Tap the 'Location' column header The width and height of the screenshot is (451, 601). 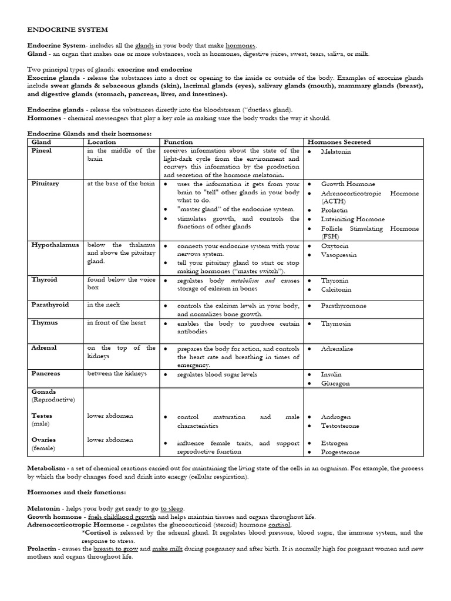click(102, 142)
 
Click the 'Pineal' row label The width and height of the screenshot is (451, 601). click(41, 151)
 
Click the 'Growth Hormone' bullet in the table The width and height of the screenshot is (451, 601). click(349, 184)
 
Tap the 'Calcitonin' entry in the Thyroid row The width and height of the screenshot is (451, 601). click(336, 289)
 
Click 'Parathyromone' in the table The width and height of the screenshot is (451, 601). click(344, 306)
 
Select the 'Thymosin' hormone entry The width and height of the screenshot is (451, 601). click(336, 324)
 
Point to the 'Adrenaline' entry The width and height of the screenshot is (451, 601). click(337, 349)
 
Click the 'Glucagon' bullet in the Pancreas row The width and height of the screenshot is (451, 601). click(335, 383)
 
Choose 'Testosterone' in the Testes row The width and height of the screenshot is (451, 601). click(340, 426)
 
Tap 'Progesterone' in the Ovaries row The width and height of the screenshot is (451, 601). click(341, 453)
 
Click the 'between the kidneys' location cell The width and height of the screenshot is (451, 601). click(117, 373)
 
